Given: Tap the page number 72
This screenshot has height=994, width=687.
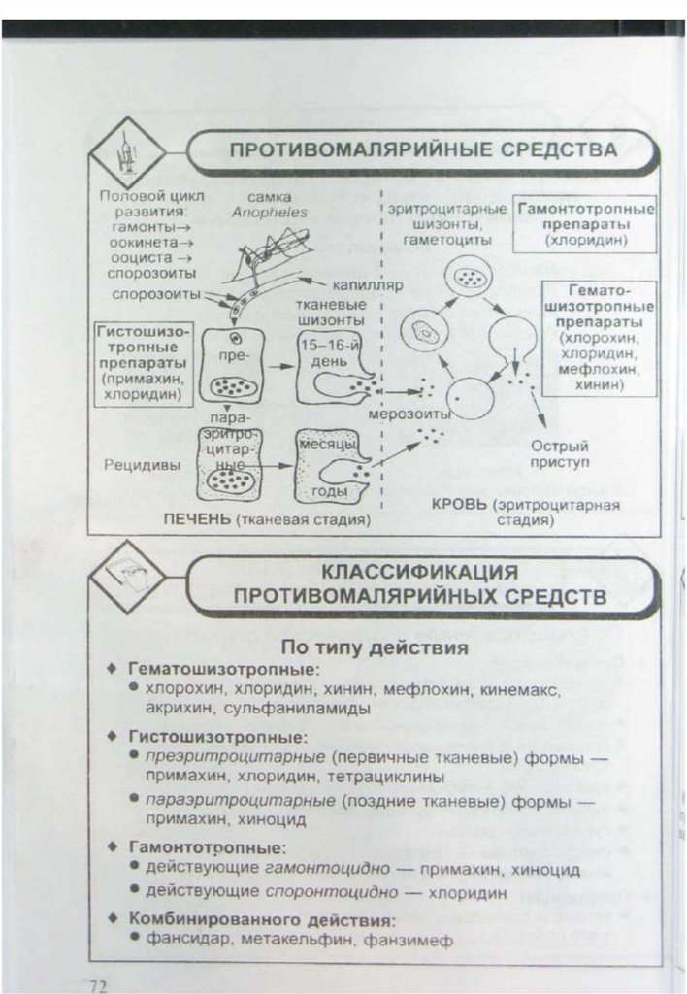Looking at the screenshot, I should coord(97,982).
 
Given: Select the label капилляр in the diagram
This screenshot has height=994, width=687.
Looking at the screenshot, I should coord(366,287).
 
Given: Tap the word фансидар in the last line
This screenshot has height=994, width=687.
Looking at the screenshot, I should coord(185,940).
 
